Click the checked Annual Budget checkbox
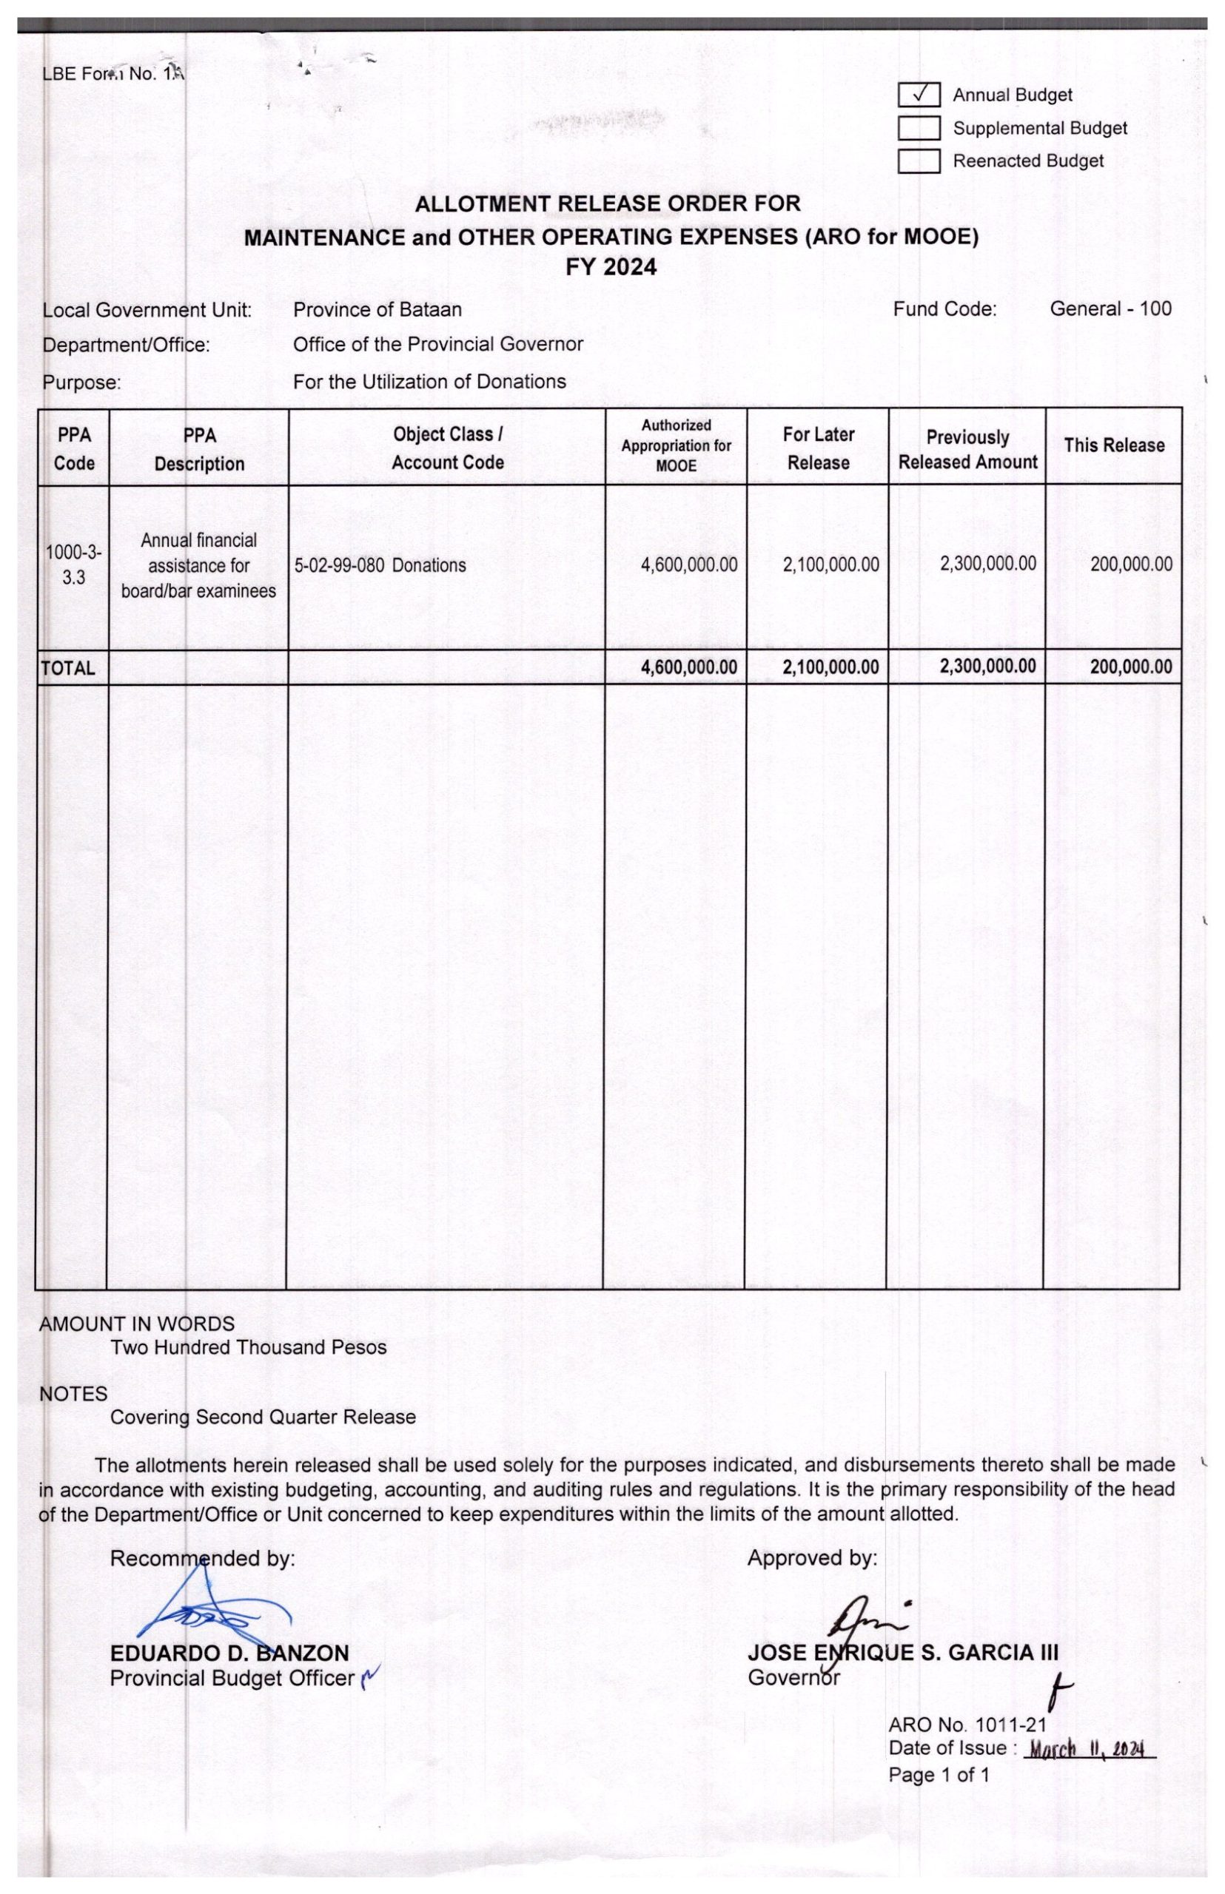(919, 95)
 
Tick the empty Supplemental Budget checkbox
(919, 128)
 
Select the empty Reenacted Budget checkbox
(919, 161)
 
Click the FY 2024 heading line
(611, 267)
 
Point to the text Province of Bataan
(377, 309)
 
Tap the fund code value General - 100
(1110, 309)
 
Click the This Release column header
(1114, 445)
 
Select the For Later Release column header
(818, 448)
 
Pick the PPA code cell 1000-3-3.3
(73, 565)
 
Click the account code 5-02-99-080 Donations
(380, 565)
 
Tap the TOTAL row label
(67, 668)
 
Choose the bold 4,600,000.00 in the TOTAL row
(689, 667)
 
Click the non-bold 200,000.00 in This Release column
(1131, 565)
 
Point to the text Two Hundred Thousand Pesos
(248, 1347)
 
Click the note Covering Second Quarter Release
(263, 1417)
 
